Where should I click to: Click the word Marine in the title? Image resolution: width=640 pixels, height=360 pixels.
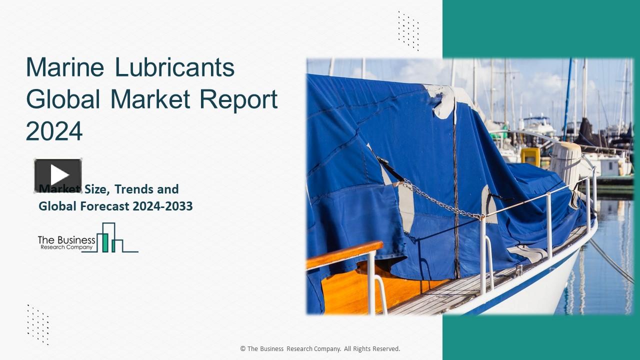(x=65, y=67)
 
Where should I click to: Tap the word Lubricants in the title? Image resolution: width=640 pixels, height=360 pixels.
(x=174, y=67)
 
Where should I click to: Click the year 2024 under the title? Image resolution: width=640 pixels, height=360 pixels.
(x=54, y=131)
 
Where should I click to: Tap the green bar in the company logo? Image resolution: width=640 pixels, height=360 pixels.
(x=105, y=242)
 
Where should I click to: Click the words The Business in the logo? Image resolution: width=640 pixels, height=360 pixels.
(x=66, y=240)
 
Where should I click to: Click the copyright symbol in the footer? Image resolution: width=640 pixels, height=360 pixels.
(x=243, y=349)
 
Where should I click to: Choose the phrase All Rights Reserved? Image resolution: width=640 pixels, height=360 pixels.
(x=372, y=349)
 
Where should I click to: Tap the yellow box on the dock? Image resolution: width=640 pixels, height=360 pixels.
(x=530, y=156)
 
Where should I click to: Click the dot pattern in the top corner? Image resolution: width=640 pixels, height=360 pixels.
(x=408, y=30)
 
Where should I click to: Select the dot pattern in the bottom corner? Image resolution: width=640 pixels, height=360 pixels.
(x=38, y=324)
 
